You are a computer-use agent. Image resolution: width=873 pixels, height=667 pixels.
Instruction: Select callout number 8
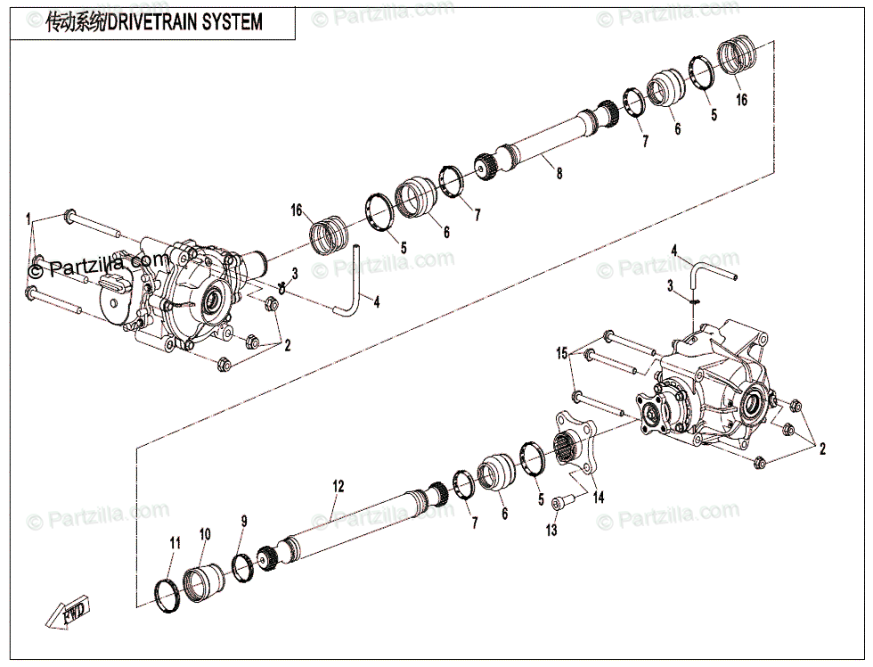click(559, 174)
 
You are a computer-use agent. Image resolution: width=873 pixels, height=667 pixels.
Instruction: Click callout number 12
click(338, 486)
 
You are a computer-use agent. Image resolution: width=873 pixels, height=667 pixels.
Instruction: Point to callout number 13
click(551, 531)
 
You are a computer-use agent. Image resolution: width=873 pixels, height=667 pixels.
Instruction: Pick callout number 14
click(598, 498)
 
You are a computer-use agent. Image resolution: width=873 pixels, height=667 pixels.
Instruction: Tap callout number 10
click(205, 534)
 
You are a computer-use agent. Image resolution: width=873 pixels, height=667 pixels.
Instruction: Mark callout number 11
click(175, 542)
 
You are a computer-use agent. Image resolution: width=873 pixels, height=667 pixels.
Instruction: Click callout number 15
click(562, 353)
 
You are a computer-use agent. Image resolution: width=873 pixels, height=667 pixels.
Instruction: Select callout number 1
click(28, 218)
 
